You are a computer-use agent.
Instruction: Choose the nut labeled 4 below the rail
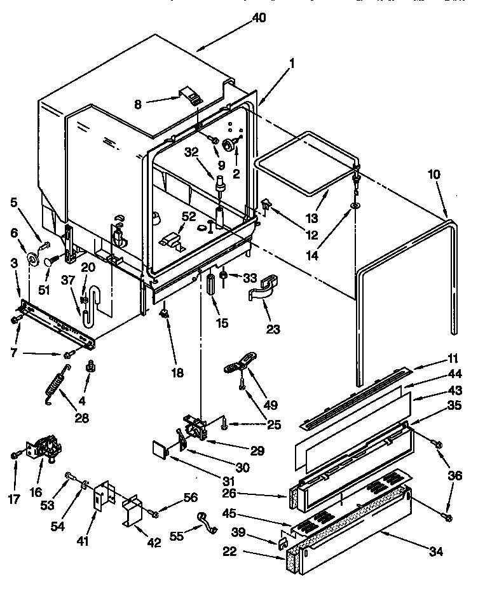[90, 367]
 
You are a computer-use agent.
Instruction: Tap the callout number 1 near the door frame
[291, 64]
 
